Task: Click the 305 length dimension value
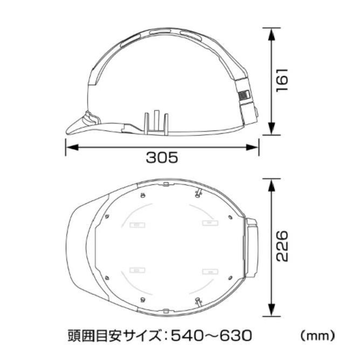pos(162,157)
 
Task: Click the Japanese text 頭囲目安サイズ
pos(114,336)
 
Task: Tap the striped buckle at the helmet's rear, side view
pos(244,96)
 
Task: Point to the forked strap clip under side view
pos(156,123)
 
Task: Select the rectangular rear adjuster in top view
pos(252,247)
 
